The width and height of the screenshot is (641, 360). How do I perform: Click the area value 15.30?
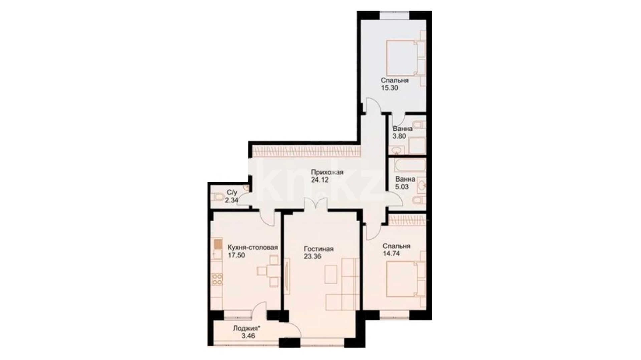coord(389,88)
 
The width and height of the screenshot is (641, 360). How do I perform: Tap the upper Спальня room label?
coord(395,81)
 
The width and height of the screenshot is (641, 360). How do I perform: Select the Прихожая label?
coord(327,172)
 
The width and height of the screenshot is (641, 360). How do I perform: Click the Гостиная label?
coord(318,249)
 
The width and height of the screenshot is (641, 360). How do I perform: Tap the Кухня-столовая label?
coord(253,248)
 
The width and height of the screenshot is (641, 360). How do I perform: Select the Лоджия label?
coord(247,328)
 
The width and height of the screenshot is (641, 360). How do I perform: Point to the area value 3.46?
coord(248,336)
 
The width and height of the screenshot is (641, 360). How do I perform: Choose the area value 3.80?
coord(399,136)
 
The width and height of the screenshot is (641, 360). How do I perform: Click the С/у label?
coord(232,193)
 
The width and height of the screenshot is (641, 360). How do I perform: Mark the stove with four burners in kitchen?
coord(217,279)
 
